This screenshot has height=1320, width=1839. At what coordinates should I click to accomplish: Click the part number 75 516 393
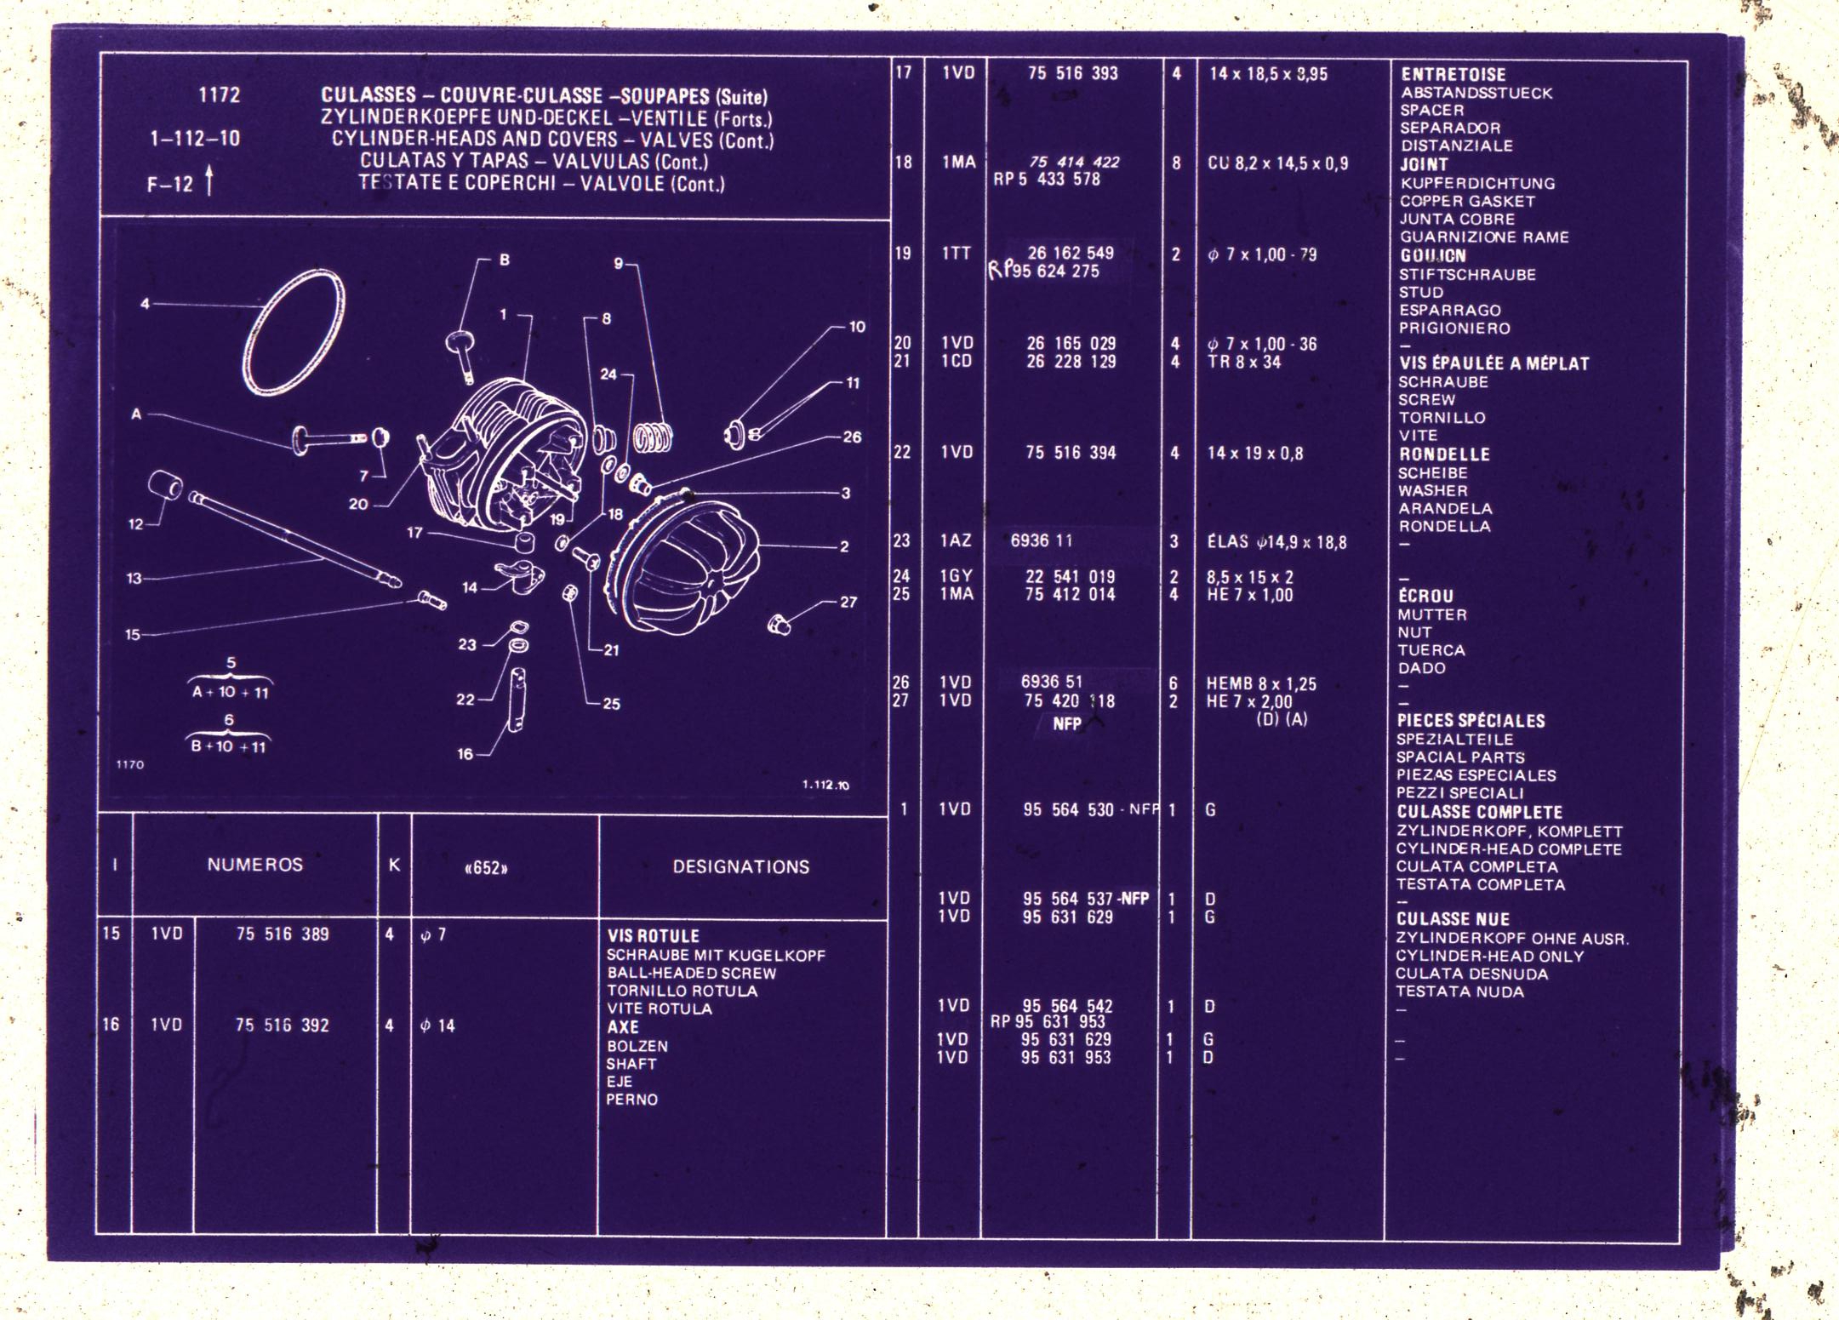point(1072,73)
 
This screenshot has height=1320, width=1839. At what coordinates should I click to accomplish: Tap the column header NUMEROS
point(255,865)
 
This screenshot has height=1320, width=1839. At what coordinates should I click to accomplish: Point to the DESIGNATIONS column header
point(740,867)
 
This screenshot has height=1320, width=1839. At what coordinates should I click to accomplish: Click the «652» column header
point(486,868)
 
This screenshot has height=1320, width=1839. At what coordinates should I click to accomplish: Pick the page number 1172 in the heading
point(220,95)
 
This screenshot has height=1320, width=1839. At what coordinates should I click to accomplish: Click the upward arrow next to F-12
point(209,182)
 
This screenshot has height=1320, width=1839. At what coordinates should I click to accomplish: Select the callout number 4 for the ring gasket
point(145,303)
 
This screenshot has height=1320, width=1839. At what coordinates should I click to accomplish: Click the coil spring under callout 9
point(652,437)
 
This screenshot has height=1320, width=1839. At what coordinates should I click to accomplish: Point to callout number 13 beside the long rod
point(134,579)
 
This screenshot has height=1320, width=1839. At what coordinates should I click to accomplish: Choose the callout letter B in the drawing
point(504,260)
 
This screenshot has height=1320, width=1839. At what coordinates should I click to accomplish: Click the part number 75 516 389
point(283,934)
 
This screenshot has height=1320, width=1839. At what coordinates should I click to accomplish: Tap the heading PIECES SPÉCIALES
point(1471,721)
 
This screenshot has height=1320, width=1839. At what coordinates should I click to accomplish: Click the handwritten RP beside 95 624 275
point(1000,270)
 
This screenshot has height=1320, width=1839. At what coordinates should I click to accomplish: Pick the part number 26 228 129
point(1071,362)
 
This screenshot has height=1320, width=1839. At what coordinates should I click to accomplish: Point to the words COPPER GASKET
point(1467,202)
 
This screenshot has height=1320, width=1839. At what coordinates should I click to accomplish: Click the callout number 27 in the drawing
point(848,602)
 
